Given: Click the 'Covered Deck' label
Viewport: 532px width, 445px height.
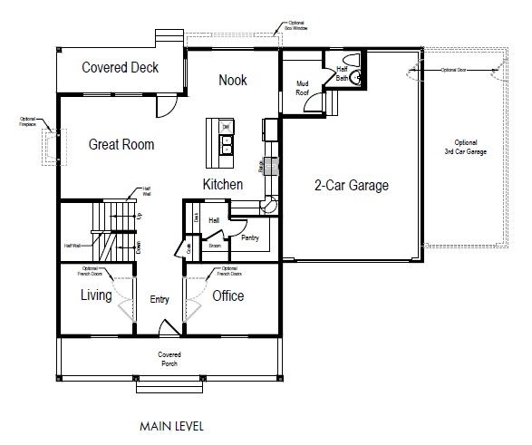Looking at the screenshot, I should (x=120, y=68).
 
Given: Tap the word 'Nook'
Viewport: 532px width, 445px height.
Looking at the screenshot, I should (x=233, y=81).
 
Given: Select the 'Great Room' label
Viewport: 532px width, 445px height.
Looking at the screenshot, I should (x=121, y=144).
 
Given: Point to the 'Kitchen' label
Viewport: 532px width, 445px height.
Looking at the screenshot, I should (x=222, y=185).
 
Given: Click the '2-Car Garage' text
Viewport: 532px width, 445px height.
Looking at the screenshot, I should (x=351, y=186).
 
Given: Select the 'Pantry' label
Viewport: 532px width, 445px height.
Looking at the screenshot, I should (x=251, y=237).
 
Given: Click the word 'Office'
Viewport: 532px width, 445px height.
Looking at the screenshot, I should (x=227, y=295).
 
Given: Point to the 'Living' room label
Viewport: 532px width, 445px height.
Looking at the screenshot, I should (x=95, y=295).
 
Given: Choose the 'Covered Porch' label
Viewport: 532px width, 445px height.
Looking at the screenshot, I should (x=169, y=359).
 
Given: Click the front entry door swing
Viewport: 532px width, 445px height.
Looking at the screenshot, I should (x=168, y=329).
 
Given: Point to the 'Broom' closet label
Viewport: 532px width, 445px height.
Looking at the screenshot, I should (x=215, y=245).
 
